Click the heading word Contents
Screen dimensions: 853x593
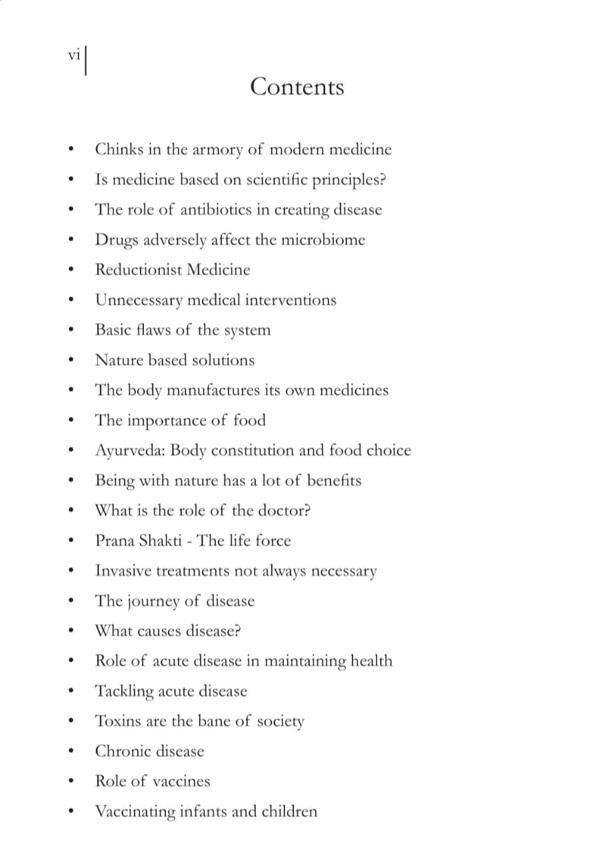click(x=297, y=87)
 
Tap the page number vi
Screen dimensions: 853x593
click(x=74, y=56)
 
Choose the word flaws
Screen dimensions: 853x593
click(x=151, y=330)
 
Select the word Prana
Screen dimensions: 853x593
click(x=115, y=540)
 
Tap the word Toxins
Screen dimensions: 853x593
click(x=117, y=721)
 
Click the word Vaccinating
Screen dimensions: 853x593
click(x=135, y=812)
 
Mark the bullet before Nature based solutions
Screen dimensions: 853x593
click(x=71, y=361)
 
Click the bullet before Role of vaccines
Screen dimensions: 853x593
click(x=71, y=782)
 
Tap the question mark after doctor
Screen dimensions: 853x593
click(x=307, y=510)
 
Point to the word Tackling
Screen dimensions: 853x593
click(x=125, y=691)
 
